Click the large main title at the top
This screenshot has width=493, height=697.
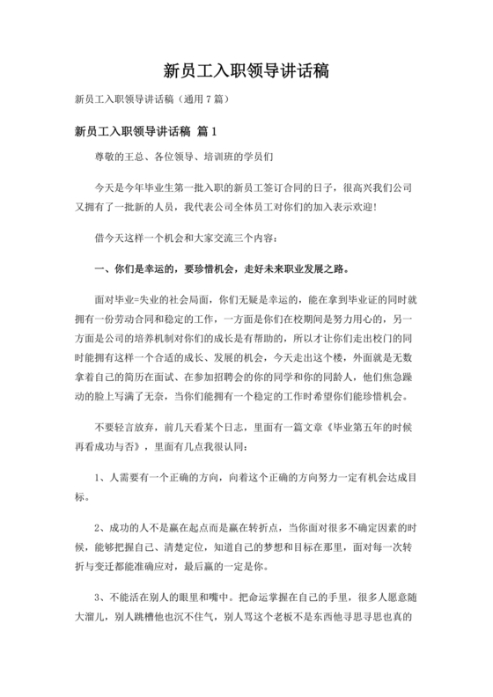[246, 70]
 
